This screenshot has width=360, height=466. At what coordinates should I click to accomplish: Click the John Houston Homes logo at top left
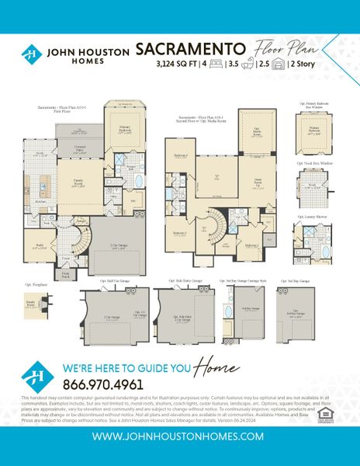click(31, 54)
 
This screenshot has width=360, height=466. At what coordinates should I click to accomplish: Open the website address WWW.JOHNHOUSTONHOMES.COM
click(179, 436)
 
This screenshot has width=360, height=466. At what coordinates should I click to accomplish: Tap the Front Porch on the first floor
click(65, 273)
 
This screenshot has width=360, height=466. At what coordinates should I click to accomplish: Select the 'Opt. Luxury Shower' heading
click(308, 217)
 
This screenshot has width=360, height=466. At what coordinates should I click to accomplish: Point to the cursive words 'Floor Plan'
click(299, 47)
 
